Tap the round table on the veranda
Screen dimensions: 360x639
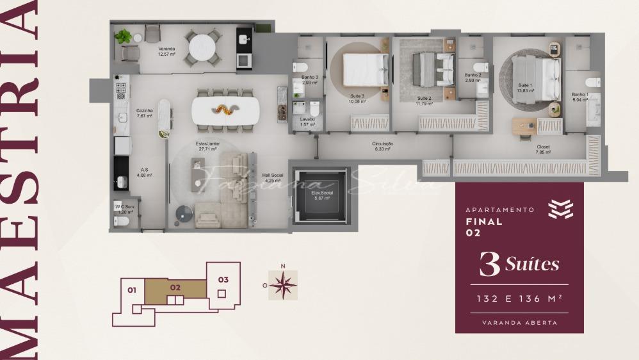point(203,47)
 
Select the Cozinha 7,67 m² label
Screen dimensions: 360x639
point(144,113)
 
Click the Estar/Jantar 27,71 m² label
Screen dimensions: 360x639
point(208,147)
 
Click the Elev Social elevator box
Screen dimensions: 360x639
point(323,195)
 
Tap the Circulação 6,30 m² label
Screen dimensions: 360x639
point(382,147)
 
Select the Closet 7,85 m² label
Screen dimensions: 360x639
point(543,150)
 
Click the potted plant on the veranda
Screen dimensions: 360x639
point(123,37)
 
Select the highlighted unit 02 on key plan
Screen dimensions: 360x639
point(175,288)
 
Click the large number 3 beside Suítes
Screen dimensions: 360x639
point(489,265)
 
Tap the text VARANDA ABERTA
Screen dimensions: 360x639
point(519,322)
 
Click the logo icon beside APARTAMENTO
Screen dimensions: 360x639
point(561,209)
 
